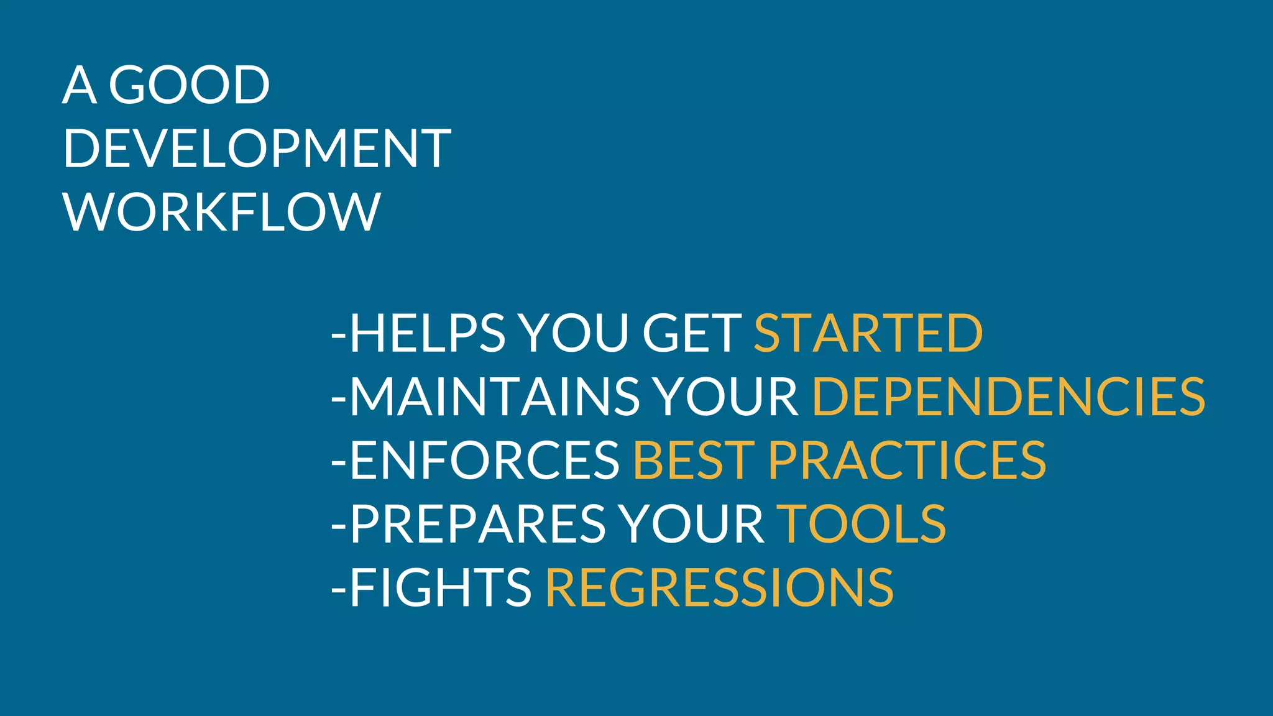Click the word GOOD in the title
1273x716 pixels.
pos(189,85)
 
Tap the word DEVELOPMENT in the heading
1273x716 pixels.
pos(257,149)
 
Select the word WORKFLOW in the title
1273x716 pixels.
pos(221,212)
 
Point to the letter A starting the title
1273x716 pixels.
pos(80,85)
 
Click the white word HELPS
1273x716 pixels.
pos(428,333)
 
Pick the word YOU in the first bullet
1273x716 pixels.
pos(574,333)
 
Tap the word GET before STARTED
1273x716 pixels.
pos(691,333)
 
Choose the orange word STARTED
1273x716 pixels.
pos(868,333)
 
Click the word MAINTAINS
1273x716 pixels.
pos(495,397)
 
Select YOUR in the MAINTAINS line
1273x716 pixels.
pos(725,397)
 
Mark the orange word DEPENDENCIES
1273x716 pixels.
pos(1008,397)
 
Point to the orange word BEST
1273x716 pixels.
pos(694,461)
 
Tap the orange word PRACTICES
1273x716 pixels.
pos(907,461)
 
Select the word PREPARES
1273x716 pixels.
pos(477,524)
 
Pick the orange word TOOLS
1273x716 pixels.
pos(862,524)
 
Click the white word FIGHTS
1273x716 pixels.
pos(441,587)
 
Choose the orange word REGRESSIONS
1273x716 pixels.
pos(719,587)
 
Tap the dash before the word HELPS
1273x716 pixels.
pos(339,334)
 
